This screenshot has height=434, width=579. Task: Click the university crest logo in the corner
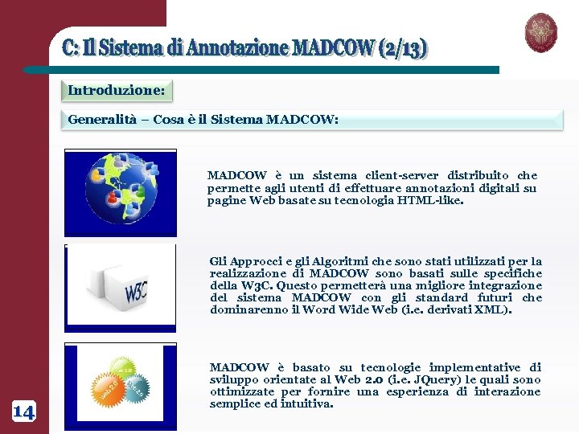(x=540, y=33)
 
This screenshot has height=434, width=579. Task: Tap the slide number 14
(x=23, y=412)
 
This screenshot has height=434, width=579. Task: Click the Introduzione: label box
(x=117, y=91)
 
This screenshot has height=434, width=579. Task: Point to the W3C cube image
(x=120, y=288)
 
